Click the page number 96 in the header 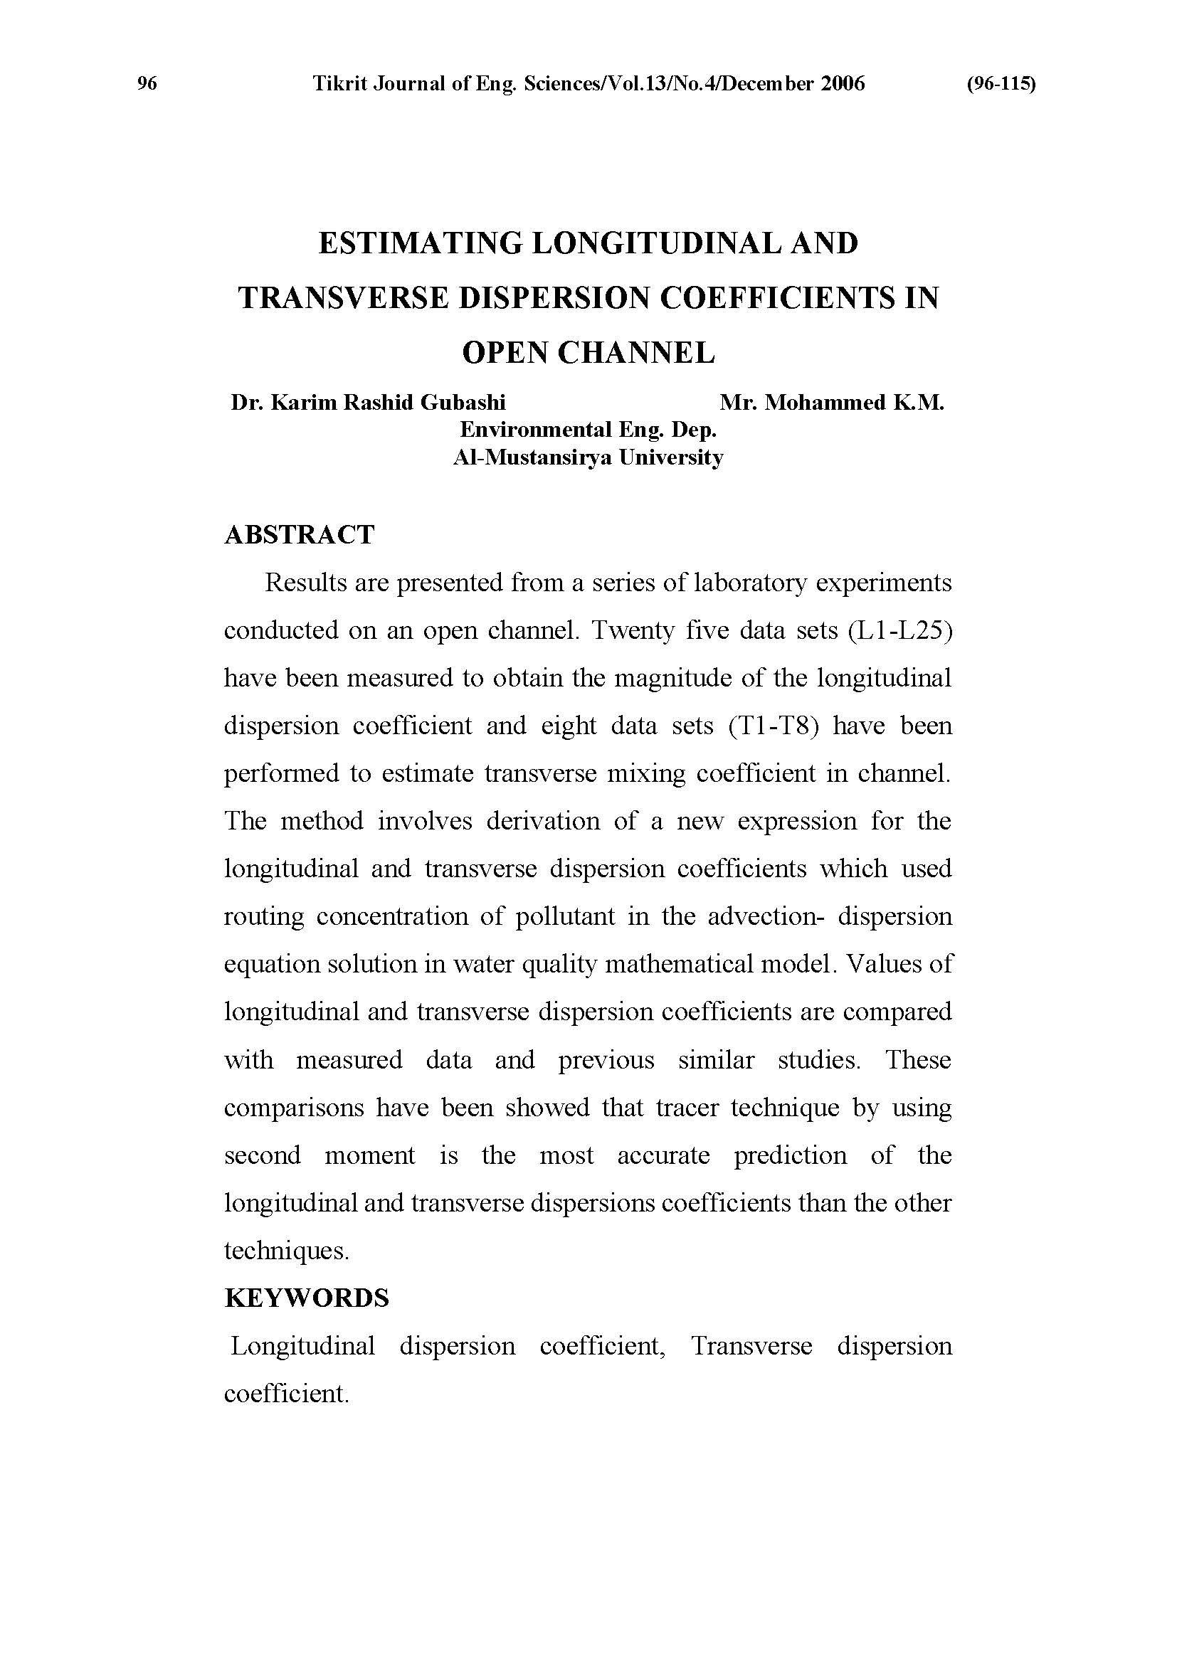point(147,84)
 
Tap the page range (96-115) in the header point(1001,84)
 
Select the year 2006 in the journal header point(843,84)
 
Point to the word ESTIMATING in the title point(421,243)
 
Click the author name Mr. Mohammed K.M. point(831,403)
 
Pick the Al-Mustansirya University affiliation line point(588,457)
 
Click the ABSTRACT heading point(300,535)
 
